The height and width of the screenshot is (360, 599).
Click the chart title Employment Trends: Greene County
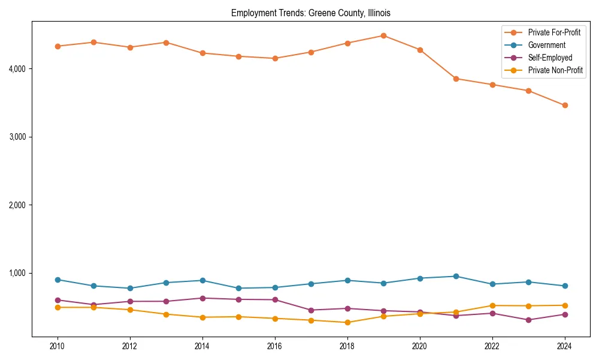click(x=310, y=13)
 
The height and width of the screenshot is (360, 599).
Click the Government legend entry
click(x=546, y=45)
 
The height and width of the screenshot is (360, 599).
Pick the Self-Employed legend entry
click(x=550, y=58)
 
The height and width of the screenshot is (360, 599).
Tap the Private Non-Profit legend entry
click(x=555, y=70)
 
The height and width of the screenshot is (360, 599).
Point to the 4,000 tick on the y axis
click(x=17, y=69)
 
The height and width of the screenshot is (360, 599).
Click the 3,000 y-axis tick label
click(x=17, y=137)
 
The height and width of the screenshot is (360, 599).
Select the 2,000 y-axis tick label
click(x=17, y=205)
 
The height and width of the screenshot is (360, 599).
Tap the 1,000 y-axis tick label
click(x=17, y=273)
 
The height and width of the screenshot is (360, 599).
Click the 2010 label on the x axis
click(x=58, y=346)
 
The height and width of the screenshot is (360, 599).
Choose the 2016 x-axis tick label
click(x=275, y=346)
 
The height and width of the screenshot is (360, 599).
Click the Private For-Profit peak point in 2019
click(x=383, y=35)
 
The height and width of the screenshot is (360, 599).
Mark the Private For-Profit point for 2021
click(x=456, y=79)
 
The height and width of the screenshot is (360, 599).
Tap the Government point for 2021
click(x=456, y=276)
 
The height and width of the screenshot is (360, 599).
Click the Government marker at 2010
click(x=58, y=280)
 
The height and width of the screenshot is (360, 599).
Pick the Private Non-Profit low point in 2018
click(x=347, y=322)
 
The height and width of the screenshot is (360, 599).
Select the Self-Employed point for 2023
click(x=528, y=320)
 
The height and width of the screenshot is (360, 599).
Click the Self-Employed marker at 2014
click(x=202, y=298)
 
